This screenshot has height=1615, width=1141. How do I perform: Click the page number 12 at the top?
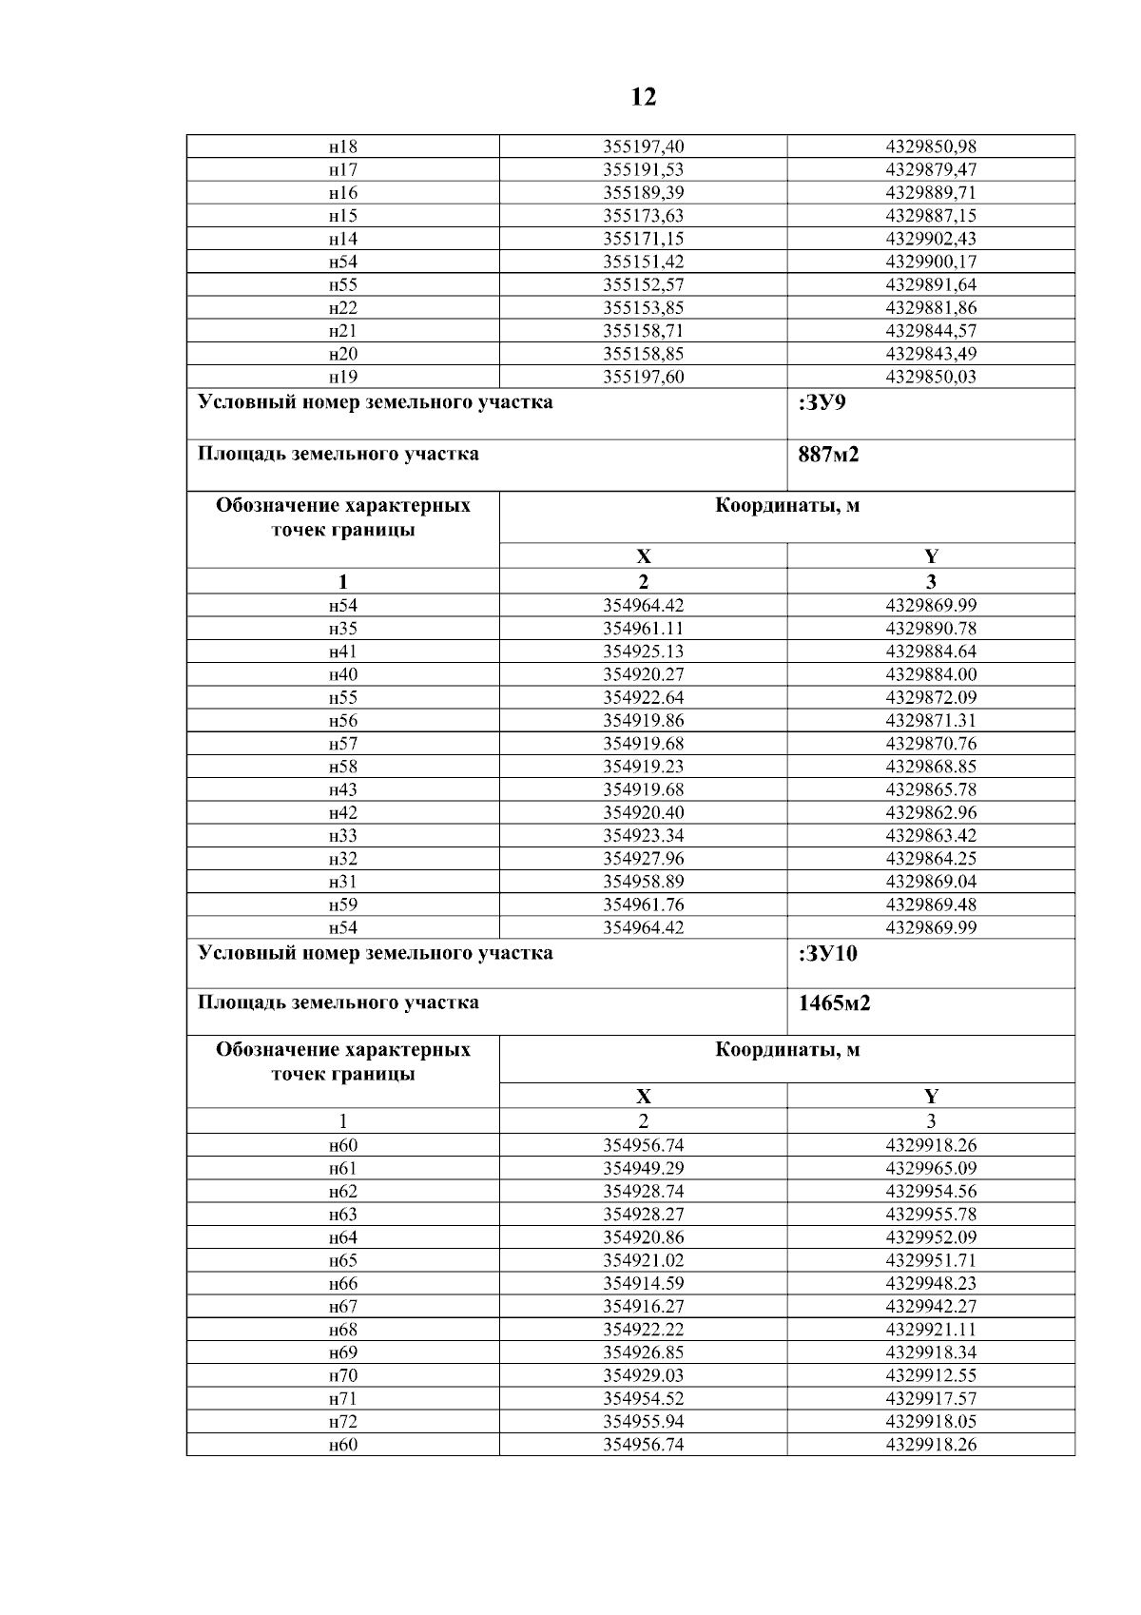click(x=643, y=97)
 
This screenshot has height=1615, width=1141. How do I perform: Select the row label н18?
click(x=342, y=147)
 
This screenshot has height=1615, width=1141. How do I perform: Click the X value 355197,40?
click(x=643, y=147)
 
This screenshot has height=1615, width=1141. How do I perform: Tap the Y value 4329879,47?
click(x=930, y=170)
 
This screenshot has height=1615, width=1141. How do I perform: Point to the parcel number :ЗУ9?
click(x=823, y=402)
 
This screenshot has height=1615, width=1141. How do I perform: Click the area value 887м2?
click(x=829, y=455)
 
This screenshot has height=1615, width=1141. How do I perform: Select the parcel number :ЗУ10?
click(x=828, y=954)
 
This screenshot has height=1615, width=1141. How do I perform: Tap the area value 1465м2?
click(x=835, y=1002)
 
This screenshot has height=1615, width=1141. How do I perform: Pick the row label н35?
click(x=342, y=629)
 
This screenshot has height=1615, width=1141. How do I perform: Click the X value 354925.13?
click(x=643, y=652)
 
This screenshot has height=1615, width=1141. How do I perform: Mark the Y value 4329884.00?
click(x=930, y=674)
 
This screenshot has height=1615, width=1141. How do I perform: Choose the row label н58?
click(x=342, y=767)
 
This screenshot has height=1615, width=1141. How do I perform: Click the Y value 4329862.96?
click(x=930, y=812)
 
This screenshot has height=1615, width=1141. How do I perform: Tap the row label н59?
click(x=342, y=905)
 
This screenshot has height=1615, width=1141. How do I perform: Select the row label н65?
click(x=342, y=1260)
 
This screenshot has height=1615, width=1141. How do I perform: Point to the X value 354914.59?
click(x=643, y=1283)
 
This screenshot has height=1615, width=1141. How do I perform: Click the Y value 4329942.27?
click(x=930, y=1307)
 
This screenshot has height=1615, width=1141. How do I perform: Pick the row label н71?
click(x=342, y=1398)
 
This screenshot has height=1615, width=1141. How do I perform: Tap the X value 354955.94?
click(x=643, y=1422)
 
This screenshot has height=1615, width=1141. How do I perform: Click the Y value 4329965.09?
click(x=930, y=1168)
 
